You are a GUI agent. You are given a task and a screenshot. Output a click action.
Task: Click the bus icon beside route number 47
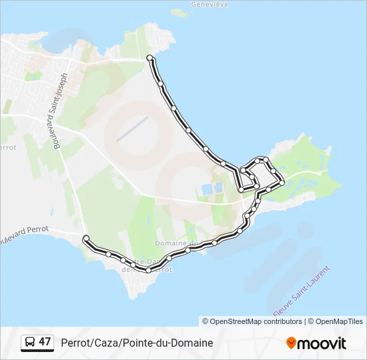pyautogui.click(x=29, y=343)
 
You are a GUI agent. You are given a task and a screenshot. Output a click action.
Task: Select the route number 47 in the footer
pyautogui.click(x=45, y=342)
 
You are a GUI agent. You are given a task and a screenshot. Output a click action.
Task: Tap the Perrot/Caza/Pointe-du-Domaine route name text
pyautogui.click(x=137, y=343)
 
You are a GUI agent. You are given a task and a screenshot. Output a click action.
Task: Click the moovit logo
pyautogui.click(x=316, y=343)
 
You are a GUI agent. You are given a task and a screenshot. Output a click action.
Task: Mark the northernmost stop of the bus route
pyautogui.click(x=149, y=58)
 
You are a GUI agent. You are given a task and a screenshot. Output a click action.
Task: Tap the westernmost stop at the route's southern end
pyautogui.click(x=85, y=238)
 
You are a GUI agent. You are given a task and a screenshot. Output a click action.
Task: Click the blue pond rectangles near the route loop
pyautogui.click(x=209, y=189)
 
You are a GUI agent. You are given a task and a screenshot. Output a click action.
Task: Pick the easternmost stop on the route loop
pyautogui.click(x=282, y=181)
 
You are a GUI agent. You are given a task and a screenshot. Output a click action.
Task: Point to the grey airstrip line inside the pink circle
pyautogui.click(x=131, y=129)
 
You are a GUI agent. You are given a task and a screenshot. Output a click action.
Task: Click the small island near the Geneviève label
pyautogui.click(x=178, y=12)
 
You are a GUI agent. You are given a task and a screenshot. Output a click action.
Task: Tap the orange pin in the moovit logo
pyautogui.click(x=291, y=343)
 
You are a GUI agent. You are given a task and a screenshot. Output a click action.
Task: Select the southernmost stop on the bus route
pyautogui.click(x=148, y=269)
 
